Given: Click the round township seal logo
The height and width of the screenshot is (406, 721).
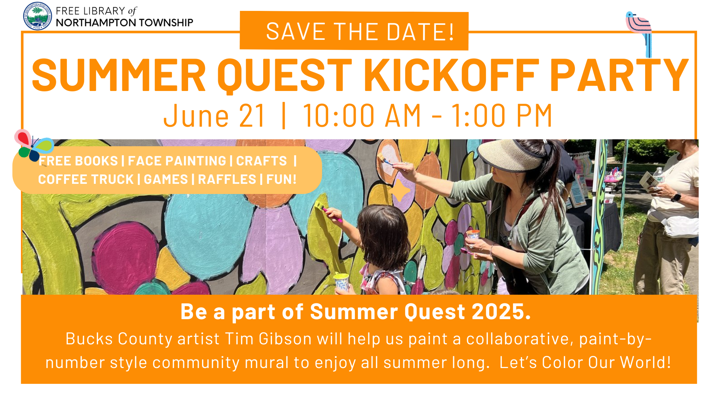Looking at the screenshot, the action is click(37, 16).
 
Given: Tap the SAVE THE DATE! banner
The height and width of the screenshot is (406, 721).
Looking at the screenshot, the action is click(354, 31).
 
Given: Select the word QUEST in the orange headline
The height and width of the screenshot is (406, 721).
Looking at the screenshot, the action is click(284, 76).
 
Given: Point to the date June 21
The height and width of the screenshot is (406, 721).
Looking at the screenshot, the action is click(214, 116).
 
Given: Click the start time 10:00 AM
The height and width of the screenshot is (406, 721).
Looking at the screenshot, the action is click(362, 116).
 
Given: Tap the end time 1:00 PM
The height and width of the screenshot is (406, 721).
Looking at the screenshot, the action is click(501, 116).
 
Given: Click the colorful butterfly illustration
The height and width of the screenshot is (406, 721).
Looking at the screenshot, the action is click(33, 145).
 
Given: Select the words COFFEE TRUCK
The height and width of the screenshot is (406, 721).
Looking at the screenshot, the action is click(86, 179).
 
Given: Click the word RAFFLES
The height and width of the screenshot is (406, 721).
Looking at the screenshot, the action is click(227, 179).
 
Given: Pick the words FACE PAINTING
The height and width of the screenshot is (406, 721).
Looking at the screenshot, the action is click(177, 161).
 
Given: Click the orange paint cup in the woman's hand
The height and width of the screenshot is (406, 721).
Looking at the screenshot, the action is click(472, 235).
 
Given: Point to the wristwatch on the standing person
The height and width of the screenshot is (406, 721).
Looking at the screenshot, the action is click(676, 197).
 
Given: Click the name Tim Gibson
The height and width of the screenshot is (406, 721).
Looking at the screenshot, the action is click(268, 339).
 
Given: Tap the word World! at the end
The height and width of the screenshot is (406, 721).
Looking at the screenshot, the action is click(645, 362).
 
